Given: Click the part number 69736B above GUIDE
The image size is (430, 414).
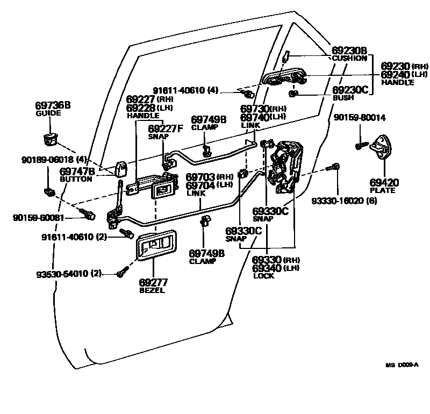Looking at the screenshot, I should pos(53,105).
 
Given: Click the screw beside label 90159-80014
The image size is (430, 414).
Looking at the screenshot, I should pos(361,145).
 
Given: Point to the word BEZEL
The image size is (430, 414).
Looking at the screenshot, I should pos(152,290).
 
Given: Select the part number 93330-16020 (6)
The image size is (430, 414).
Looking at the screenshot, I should pos(344,201).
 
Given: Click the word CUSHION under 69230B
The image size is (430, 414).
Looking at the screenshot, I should pos(349,58).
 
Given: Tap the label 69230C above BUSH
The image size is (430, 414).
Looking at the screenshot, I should pos(350,90).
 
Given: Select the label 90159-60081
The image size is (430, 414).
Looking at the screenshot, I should pos(39,218).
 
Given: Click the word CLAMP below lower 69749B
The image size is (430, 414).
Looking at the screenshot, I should pos(203,261).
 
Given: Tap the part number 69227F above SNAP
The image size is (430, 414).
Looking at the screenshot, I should pos(166,128).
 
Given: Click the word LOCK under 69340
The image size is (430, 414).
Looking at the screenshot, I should pos(263,276).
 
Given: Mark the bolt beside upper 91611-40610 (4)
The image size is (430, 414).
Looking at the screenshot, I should pos(248,95).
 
